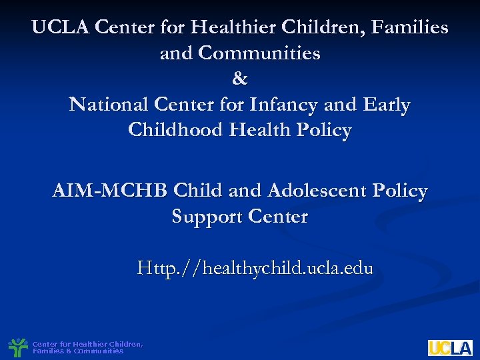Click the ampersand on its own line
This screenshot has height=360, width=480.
pyautogui.click(x=240, y=79)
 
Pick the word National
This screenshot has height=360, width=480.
pyautogui.click(x=109, y=105)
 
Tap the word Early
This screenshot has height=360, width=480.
pyautogui.click(x=387, y=105)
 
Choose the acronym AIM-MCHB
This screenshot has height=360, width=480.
pyautogui.click(x=110, y=191)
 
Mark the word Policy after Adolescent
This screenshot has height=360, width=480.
pyautogui.click(x=399, y=191)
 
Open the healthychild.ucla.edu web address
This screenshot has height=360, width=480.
pyautogui.click(x=255, y=269)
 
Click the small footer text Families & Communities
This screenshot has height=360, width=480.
pyautogui.click(x=78, y=351)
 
